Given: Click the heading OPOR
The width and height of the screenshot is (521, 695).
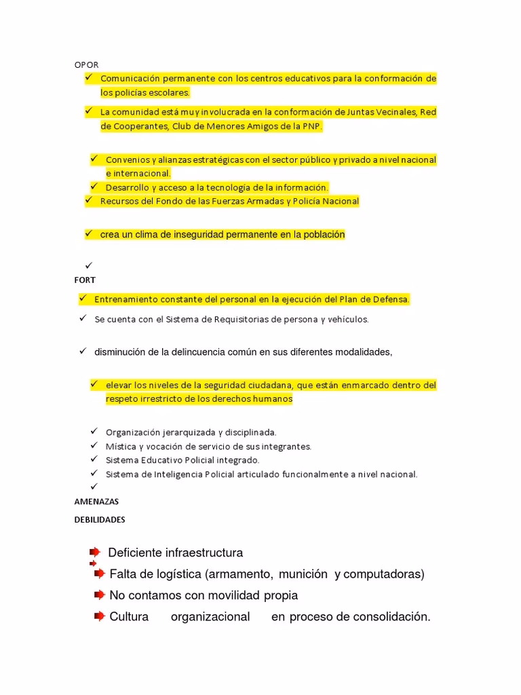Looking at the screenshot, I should (x=86, y=64).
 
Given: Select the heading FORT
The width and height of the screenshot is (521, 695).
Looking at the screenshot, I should (x=85, y=280).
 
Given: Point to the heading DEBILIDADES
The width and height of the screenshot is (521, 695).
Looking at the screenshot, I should (x=100, y=520).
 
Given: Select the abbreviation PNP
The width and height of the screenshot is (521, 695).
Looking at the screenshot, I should (x=314, y=126).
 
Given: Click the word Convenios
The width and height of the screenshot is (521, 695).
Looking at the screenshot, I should (x=126, y=159).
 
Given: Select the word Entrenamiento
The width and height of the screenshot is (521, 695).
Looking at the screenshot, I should (x=126, y=299).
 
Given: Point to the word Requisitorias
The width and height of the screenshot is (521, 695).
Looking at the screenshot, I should (x=210, y=319).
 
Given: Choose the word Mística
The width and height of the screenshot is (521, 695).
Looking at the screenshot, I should (x=120, y=447).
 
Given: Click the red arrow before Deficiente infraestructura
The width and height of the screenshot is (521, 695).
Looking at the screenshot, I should (x=94, y=552).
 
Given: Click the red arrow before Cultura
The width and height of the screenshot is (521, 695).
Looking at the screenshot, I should (x=100, y=617).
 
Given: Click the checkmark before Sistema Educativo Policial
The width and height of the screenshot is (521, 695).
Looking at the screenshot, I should (x=94, y=459).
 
